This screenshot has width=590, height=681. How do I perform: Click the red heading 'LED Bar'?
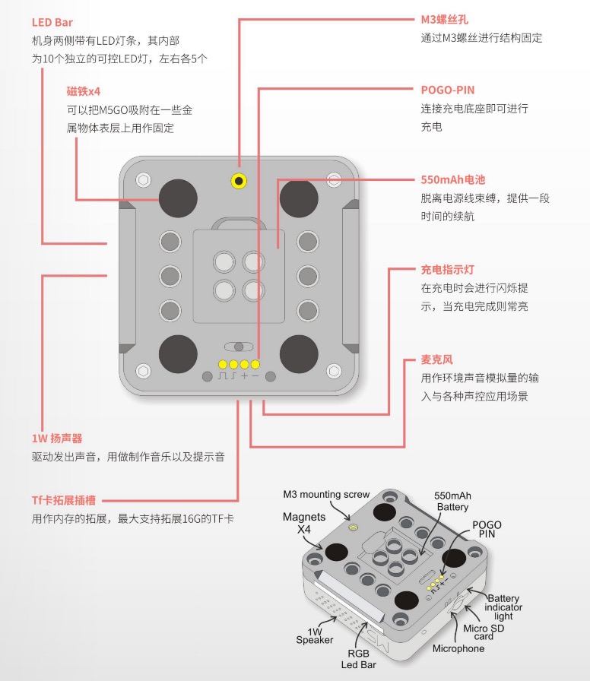click(x=52, y=23)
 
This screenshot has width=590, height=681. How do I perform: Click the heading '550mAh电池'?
click(x=452, y=180)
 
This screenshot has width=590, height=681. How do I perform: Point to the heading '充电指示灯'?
click(x=448, y=269)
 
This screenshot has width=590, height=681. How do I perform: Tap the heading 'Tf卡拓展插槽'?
click(x=64, y=501)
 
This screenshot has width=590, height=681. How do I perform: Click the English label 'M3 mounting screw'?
click(x=326, y=494)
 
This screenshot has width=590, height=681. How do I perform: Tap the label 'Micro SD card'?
click(x=482, y=632)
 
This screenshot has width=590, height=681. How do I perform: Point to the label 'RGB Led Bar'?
click(x=364, y=659)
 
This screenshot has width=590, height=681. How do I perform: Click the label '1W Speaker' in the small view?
click(x=315, y=635)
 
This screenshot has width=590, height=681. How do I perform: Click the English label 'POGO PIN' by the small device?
click(x=487, y=531)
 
